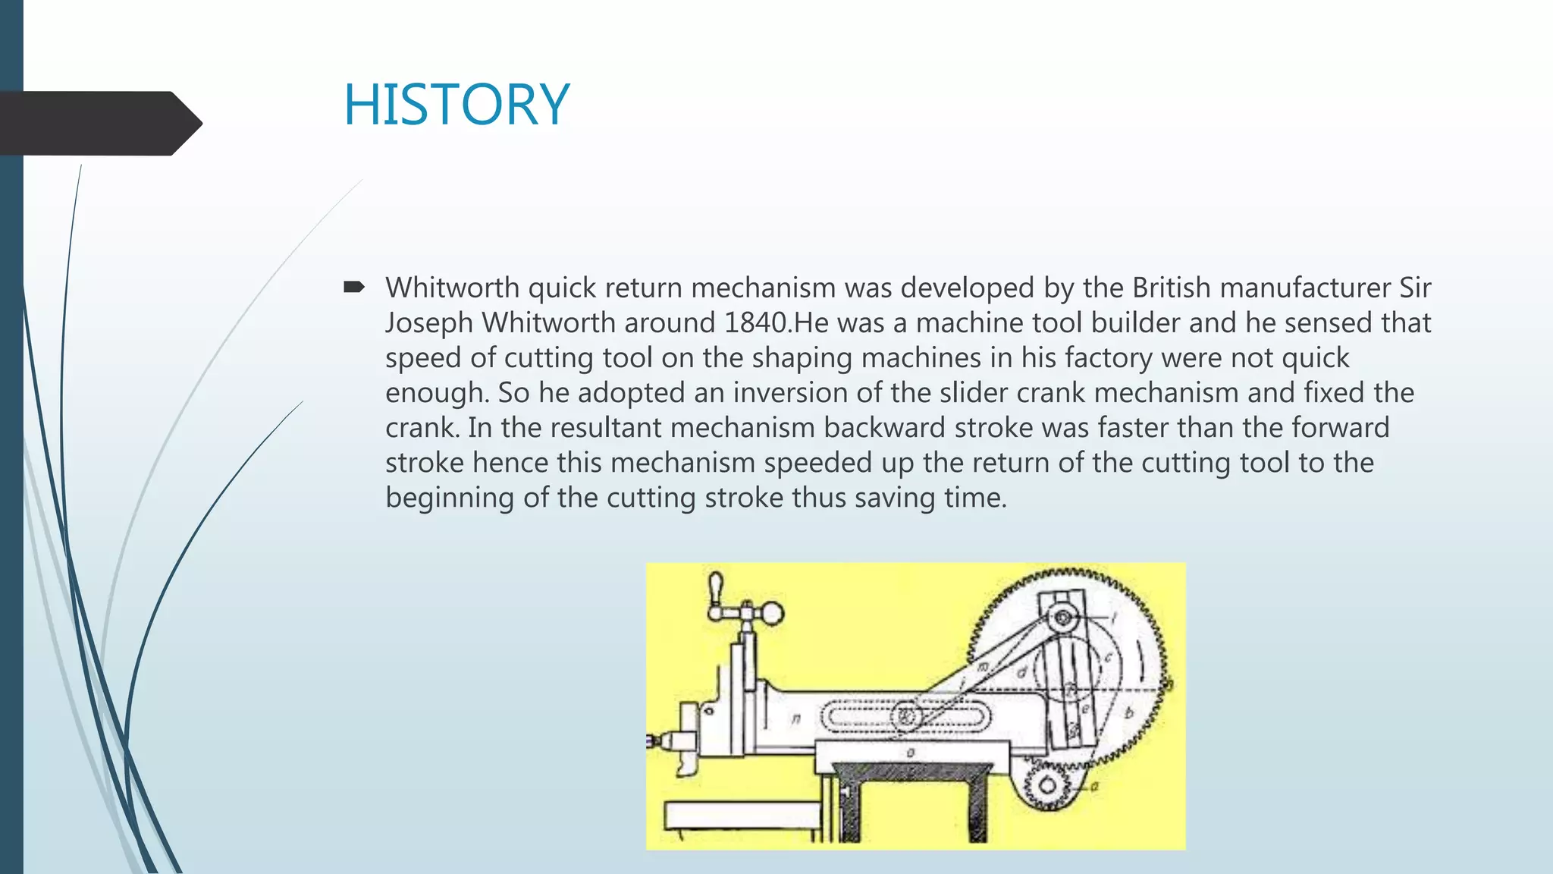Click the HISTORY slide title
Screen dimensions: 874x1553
(456, 105)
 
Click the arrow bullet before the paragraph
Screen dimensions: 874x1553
(354, 287)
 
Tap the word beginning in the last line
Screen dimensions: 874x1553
(450, 498)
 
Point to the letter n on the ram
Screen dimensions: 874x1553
(795, 718)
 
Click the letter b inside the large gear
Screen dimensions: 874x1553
(1128, 712)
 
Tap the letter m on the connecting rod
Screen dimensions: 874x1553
(984, 667)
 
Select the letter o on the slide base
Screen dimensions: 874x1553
(911, 753)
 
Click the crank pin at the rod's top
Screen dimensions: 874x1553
(1063, 618)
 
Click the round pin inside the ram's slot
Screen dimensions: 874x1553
(905, 715)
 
